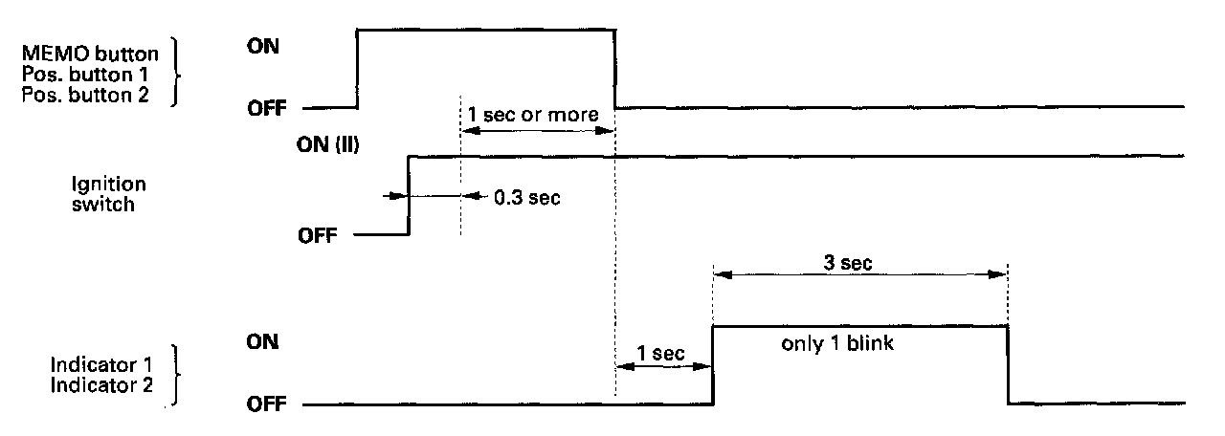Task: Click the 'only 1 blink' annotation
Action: pyautogui.click(x=837, y=344)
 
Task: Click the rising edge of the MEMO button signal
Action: pyautogui.click(x=357, y=67)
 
